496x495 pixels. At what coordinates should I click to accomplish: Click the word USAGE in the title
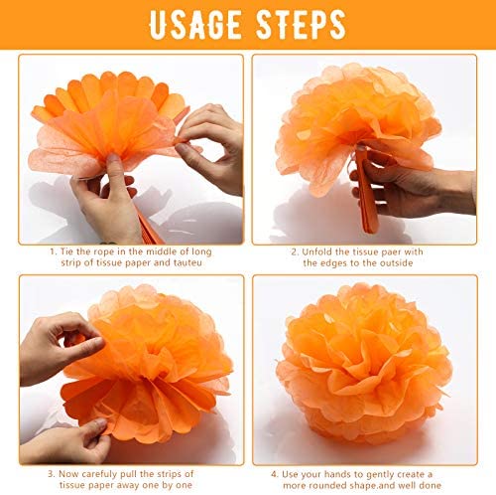coord(195,25)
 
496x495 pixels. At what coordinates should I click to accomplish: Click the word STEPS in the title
coord(301,25)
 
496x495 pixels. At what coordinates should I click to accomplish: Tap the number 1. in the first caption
coord(53,251)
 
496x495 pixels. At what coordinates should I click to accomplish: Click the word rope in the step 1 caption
coord(103,252)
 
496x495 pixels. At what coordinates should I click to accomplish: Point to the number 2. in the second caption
coord(295,251)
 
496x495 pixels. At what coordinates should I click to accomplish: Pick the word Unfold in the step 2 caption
coord(317,251)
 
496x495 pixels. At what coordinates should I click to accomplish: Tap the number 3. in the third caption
coord(52,474)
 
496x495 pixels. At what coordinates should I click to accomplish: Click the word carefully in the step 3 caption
coord(99,474)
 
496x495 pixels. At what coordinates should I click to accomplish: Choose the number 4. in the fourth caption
coord(275,474)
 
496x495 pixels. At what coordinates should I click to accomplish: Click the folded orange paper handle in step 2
coord(366,189)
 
